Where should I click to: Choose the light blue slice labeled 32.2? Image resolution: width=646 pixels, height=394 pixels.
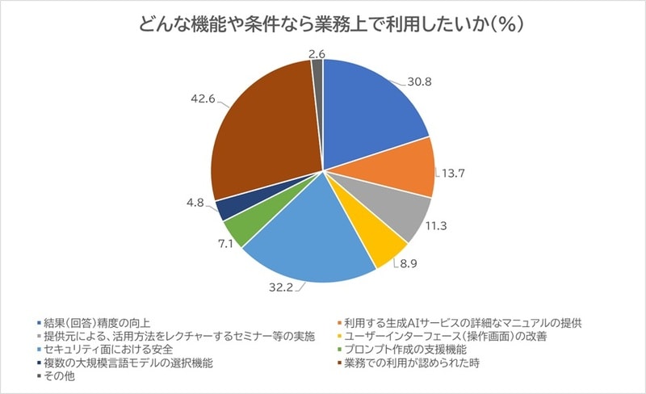[299, 242]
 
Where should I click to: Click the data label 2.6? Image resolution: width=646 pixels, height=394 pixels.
[317, 53]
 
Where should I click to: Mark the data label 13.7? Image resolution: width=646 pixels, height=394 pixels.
[456, 173]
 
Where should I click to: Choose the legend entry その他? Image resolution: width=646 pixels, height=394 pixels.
[61, 376]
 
